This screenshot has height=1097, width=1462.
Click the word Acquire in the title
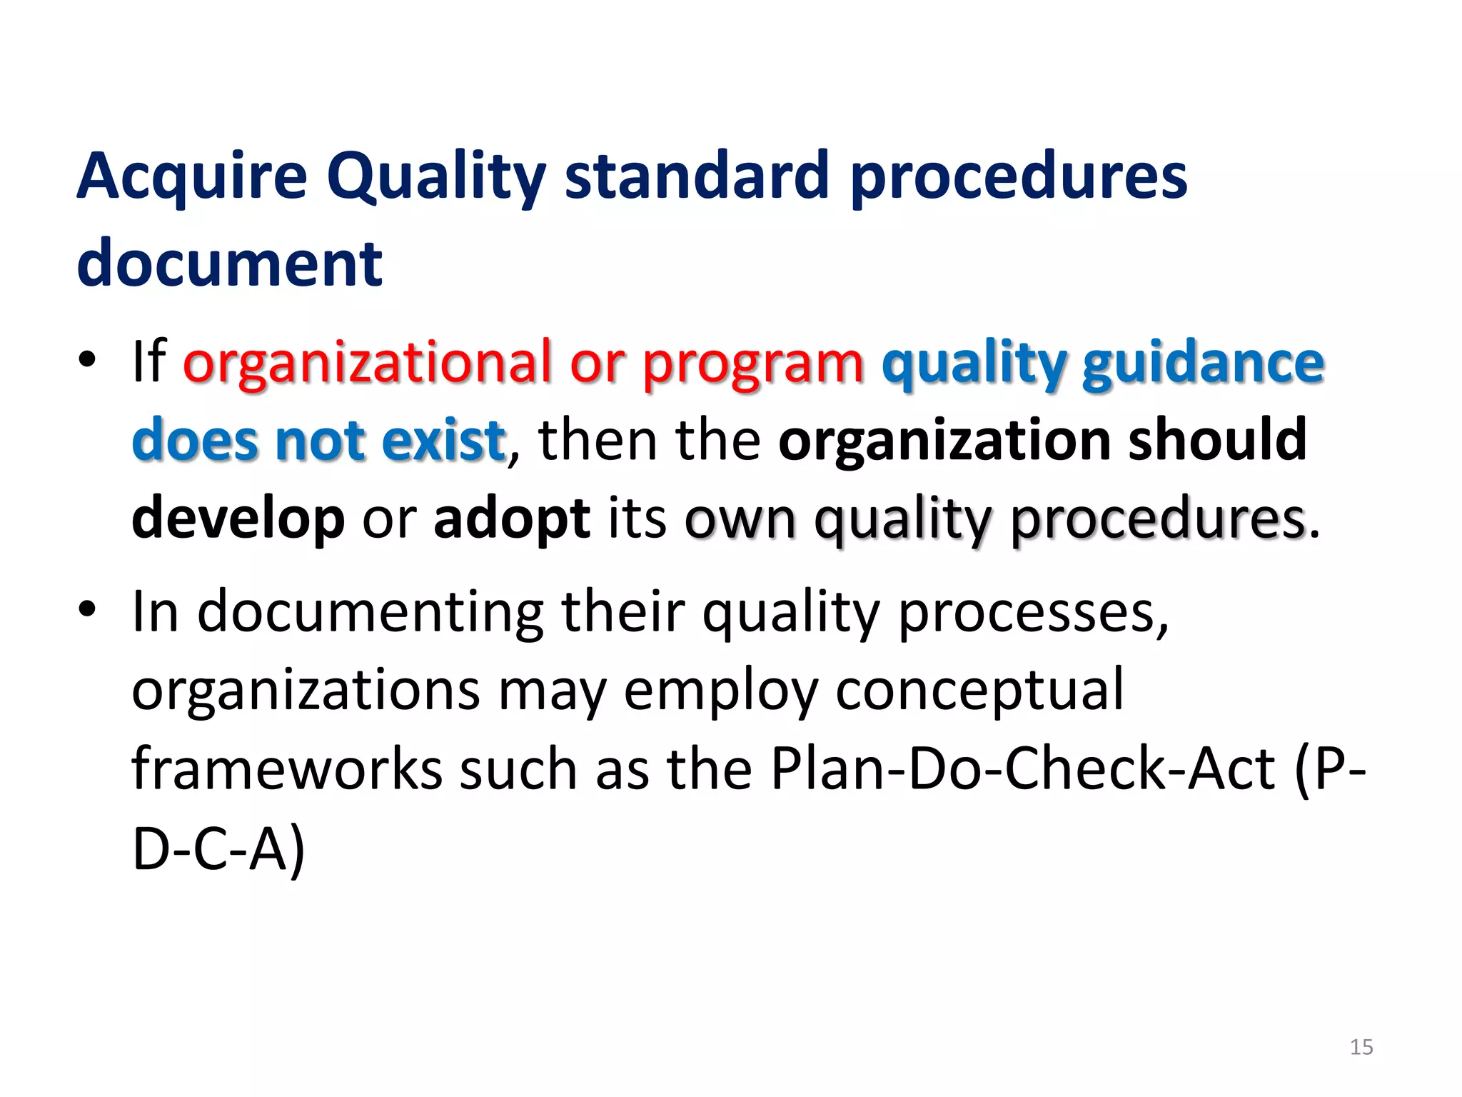[x=191, y=177]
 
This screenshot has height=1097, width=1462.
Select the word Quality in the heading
[x=436, y=177]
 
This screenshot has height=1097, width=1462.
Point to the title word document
[x=229, y=263]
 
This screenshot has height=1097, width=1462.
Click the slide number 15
[x=1361, y=1047]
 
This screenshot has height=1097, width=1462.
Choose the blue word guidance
[x=1203, y=363]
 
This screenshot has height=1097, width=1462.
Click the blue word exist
[x=443, y=440]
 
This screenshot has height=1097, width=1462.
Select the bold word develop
[x=238, y=519]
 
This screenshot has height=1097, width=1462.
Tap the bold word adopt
[x=511, y=517]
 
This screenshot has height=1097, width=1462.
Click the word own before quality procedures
[x=740, y=519]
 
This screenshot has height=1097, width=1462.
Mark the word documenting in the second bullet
[x=370, y=613]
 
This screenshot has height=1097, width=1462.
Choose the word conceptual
[x=979, y=690]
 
